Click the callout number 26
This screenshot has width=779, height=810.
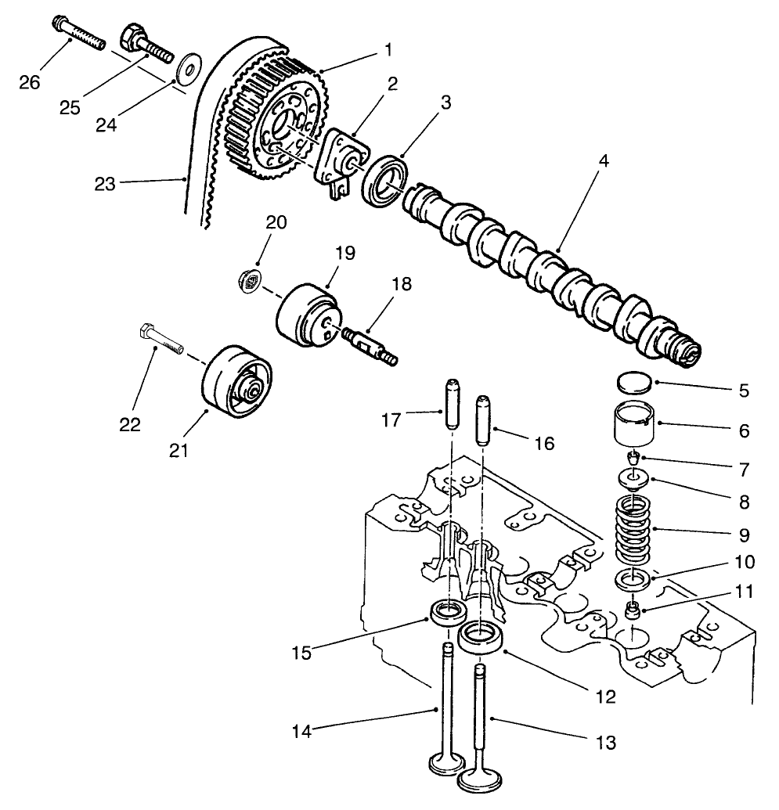30,82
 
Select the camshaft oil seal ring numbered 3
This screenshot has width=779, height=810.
385,181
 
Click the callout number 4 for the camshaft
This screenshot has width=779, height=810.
582,160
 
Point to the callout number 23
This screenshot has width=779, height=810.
104,184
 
